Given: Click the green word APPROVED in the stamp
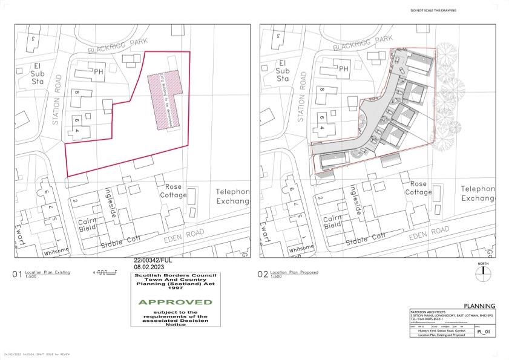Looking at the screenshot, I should pyautogui.click(x=174, y=301).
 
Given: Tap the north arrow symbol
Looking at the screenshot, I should pyautogui.click(x=483, y=272).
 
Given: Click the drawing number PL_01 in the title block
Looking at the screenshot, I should pyautogui.click(x=482, y=332).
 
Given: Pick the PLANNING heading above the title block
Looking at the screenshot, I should pyautogui.click(x=479, y=306).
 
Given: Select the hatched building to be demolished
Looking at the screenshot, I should pyautogui.click(x=165, y=100).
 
